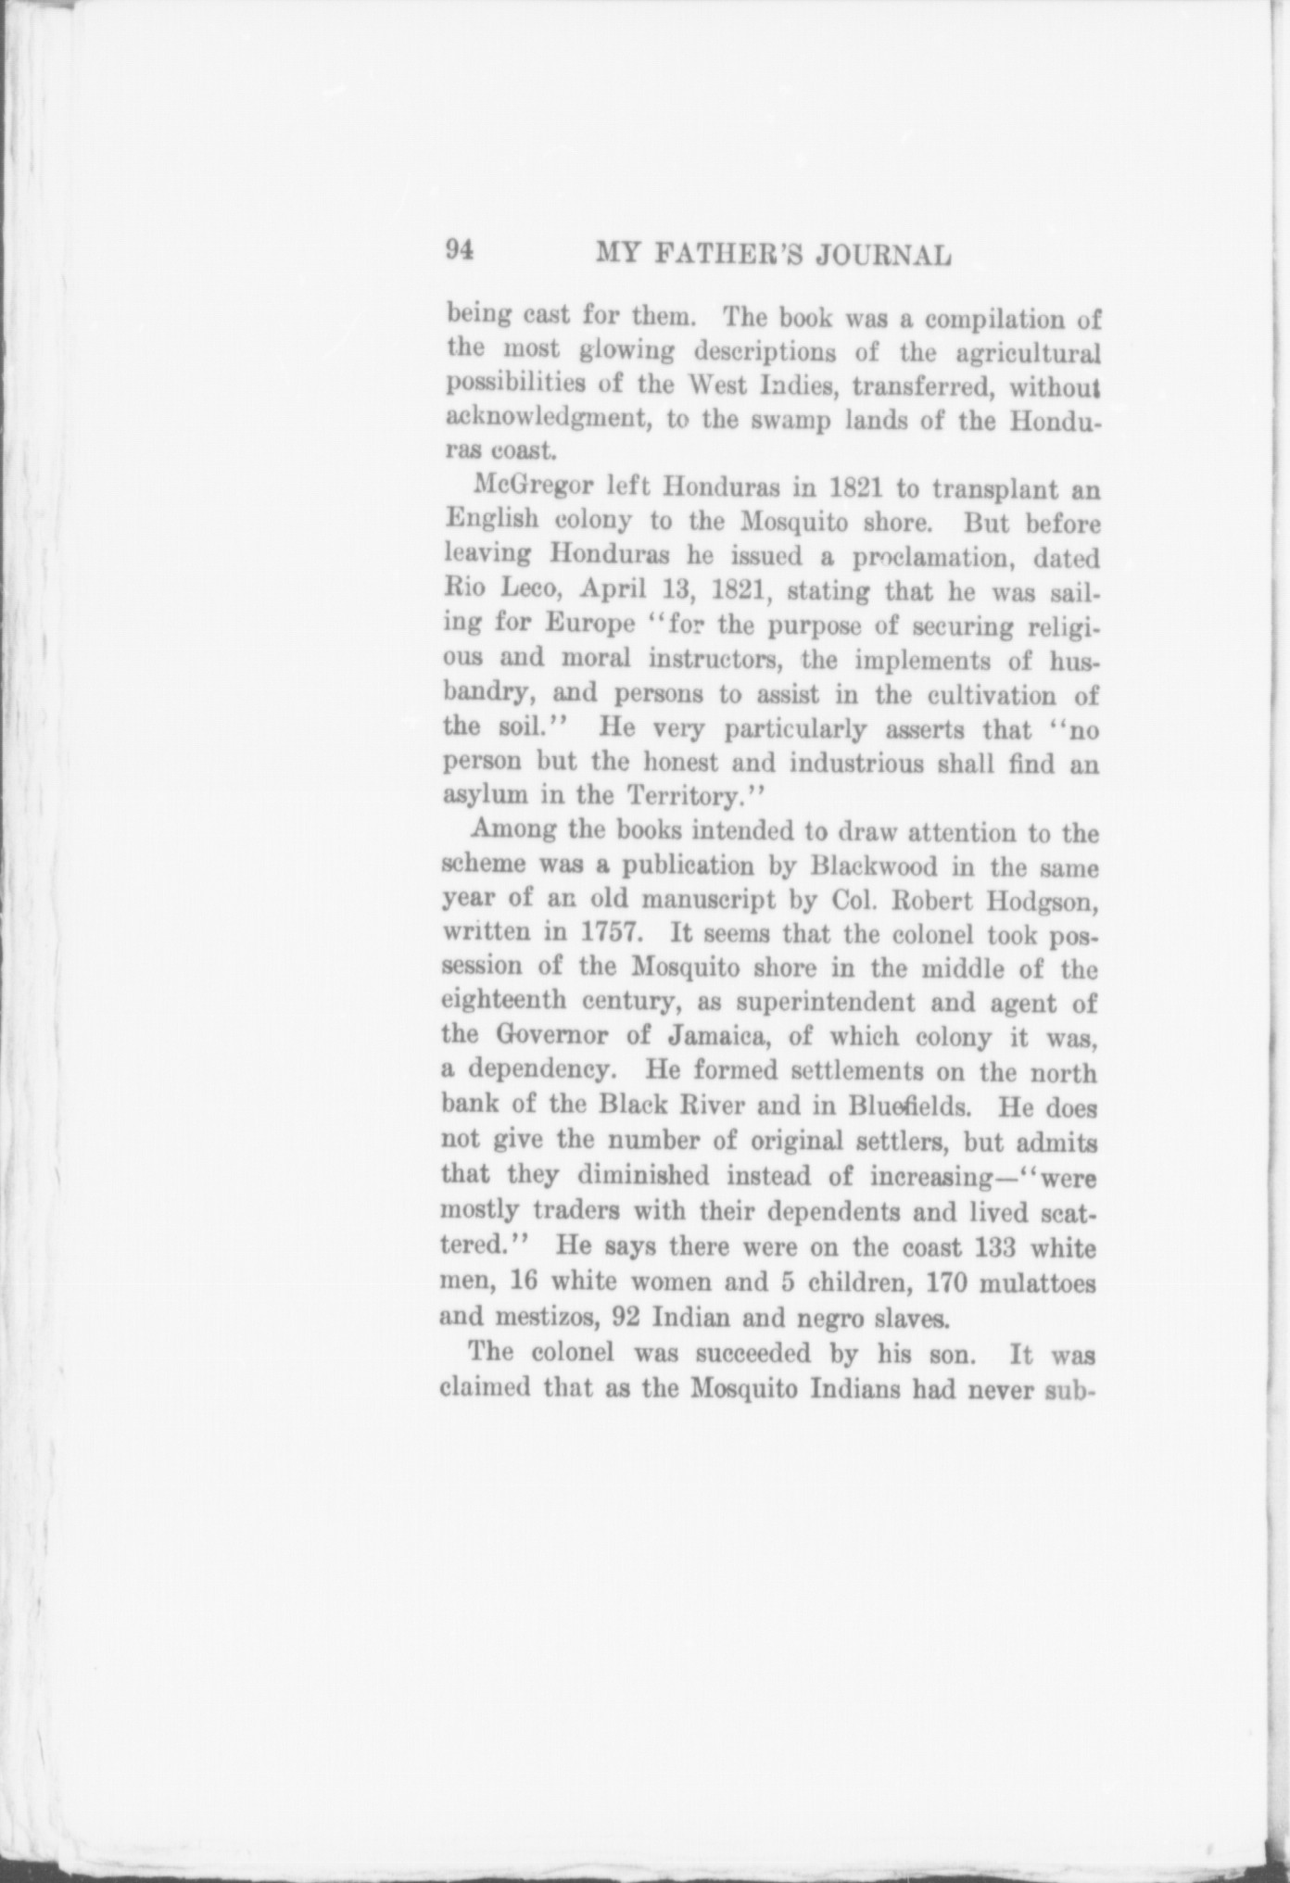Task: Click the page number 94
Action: point(461,250)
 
